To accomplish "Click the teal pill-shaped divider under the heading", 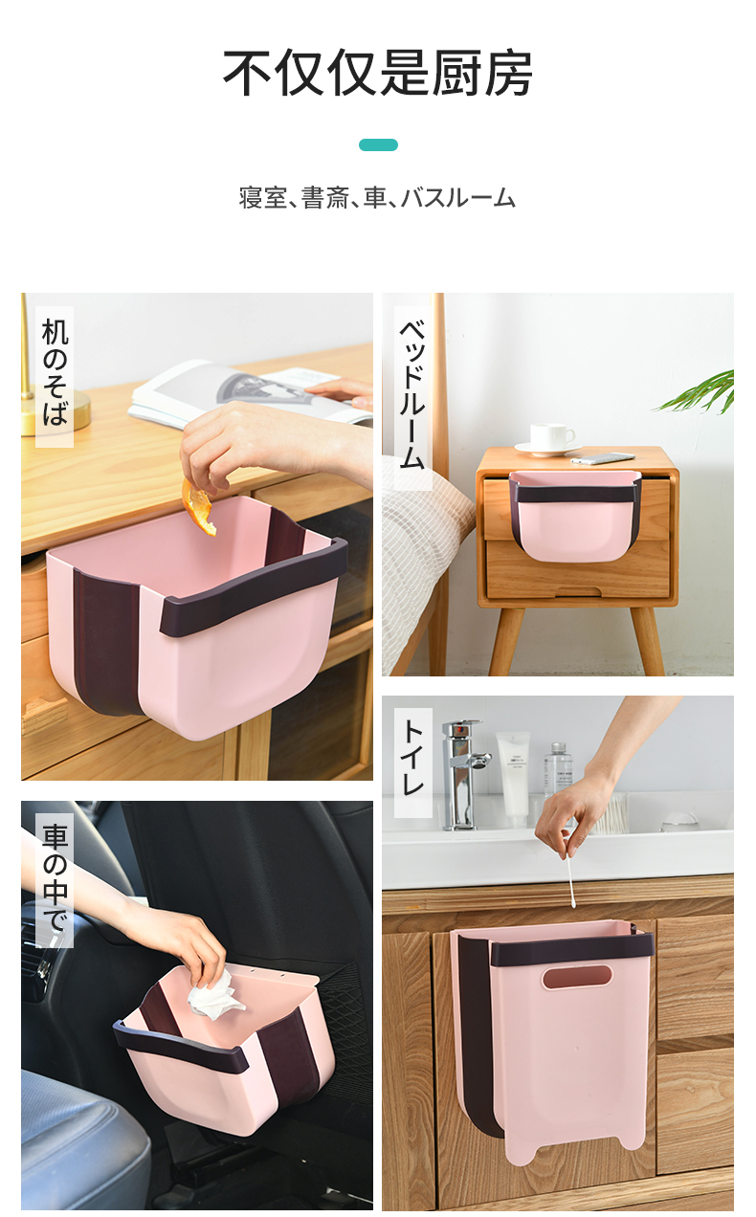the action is coord(378,145).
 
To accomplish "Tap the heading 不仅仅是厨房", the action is coord(378,74).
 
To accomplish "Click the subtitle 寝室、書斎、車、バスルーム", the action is coord(377,198).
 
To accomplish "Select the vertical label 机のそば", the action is coord(55,372).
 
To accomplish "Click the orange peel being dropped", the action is coord(198,507).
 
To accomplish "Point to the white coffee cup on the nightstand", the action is coord(551,436).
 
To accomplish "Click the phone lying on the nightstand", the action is coord(603,458).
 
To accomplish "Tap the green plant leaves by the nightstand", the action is coord(699,391).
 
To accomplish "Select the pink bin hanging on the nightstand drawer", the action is coord(574,515).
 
